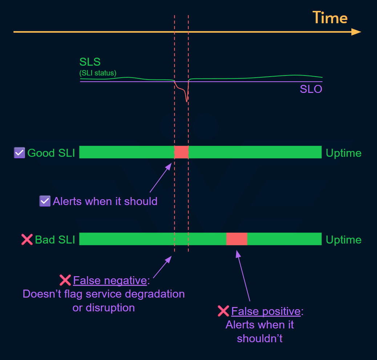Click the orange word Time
[x=330, y=18]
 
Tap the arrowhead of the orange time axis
[x=356, y=32]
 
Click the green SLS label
[x=90, y=62]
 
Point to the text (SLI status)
[x=98, y=73]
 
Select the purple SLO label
[x=311, y=89]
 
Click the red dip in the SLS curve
[x=186, y=95]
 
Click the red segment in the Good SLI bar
[x=181, y=152]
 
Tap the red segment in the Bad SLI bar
[x=237, y=239]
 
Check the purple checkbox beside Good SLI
[x=19, y=153]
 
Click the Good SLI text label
[x=51, y=153]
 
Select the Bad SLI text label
[x=55, y=240]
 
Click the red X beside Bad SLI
[x=27, y=240]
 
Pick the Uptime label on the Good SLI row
[x=344, y=153]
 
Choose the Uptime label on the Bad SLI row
[x=344, y=240]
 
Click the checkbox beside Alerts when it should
[x=45, y=201]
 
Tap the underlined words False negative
[x=110, y=280]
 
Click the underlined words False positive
[x=266, y=311]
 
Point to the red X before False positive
[x=223, y=311]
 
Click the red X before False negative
[x=65, y=280]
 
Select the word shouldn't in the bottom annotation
[x=260, y=338]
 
